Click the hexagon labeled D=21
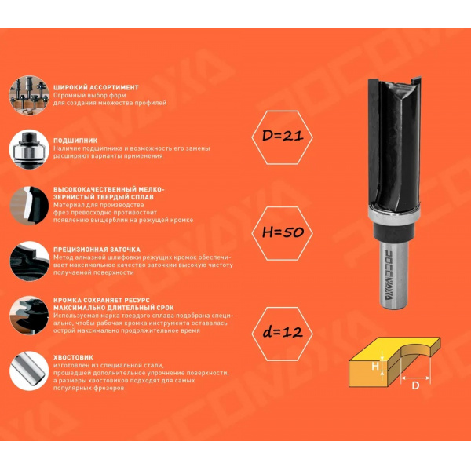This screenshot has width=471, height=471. pos(282,137)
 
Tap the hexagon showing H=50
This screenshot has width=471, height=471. pos(282,233)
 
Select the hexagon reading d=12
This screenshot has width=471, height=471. pos(282,334)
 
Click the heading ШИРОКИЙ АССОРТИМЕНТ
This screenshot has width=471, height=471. pos(96,88)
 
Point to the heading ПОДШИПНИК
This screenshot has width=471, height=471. pos(75,141)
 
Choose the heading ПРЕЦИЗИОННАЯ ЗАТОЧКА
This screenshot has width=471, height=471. pos(97,250)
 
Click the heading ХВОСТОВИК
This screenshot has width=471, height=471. pos(73,357)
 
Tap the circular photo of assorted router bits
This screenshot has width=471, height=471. pos(29,96)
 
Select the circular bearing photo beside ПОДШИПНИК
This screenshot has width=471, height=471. pos(29,149)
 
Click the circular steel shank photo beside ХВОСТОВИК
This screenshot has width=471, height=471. pos(29,371)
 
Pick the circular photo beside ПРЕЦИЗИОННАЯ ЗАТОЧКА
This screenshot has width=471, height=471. pos(29,261)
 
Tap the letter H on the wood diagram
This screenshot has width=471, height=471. pos(375,366)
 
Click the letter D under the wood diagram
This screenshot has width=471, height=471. pos(415,385)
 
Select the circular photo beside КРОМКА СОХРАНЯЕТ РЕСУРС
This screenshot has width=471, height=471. pos(29,316)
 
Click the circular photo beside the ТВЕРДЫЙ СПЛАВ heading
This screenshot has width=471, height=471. pos(29,206)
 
